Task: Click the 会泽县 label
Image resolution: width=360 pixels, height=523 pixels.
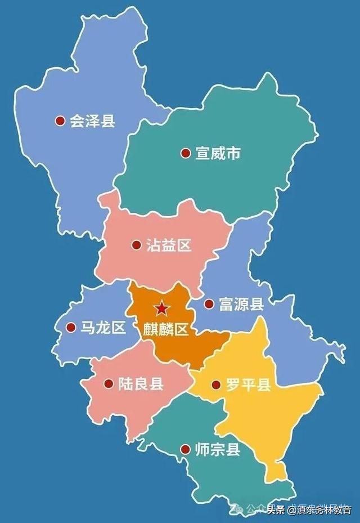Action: (x=92, y=120)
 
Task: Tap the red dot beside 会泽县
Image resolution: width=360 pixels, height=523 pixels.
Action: (x=60, y=120)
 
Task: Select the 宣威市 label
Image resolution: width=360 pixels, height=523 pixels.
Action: (x=218, y=153)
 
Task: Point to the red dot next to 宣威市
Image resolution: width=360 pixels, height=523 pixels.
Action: (x=185, y=153)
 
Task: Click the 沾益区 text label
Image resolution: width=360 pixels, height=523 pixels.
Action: (x=169, y=245)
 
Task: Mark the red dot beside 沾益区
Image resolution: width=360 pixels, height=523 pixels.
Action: (x=136, y=245)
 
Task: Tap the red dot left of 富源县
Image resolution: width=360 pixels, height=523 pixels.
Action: (x=209, y=305)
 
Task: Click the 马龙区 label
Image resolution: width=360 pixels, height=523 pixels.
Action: (x=103, y=328)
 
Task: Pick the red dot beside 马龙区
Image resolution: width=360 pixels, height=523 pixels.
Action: (x=71, y=328)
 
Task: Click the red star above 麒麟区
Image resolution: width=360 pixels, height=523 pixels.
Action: (x=161, y=309)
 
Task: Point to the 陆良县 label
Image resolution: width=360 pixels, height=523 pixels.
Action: (x=141, y=385)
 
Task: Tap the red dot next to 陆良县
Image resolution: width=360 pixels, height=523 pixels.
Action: (x=109, y=385)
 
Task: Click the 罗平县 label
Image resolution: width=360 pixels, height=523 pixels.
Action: (x=249, y=385)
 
